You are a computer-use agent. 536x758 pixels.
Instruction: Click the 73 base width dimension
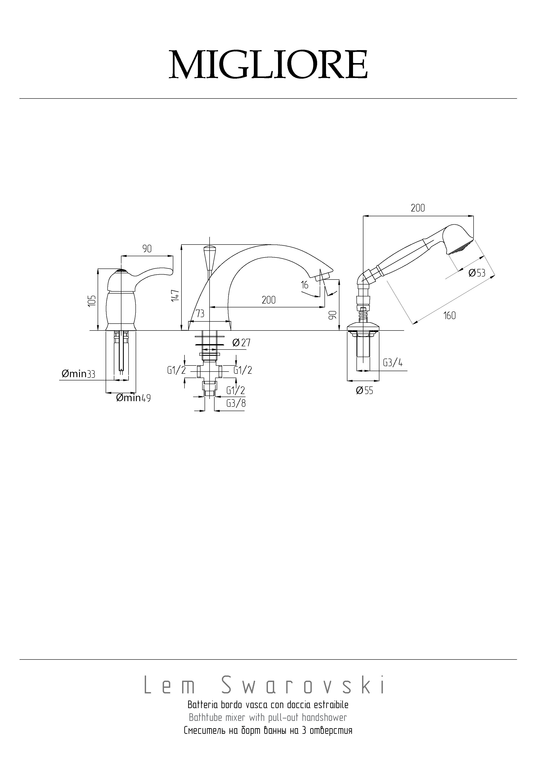tap(200, 313)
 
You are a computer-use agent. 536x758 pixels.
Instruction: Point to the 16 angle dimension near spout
tap(304, 284)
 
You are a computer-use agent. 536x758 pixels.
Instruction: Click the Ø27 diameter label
tap(241, 343)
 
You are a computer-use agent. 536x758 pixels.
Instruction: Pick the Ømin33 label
tap(78, 374)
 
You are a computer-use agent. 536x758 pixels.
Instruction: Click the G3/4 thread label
tap(393, 363)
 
